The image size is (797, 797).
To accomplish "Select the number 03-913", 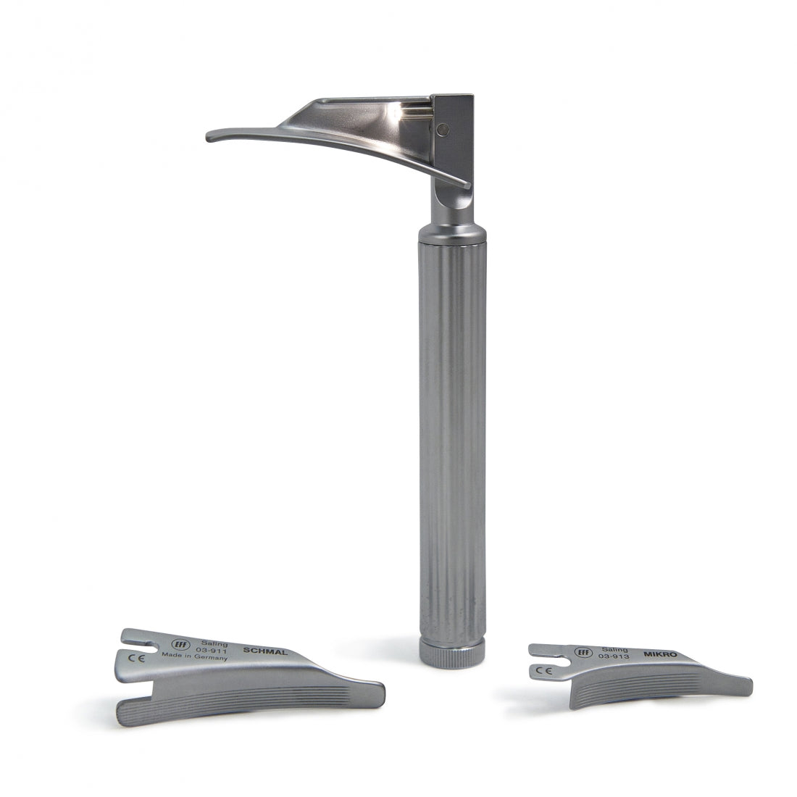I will (614, 656).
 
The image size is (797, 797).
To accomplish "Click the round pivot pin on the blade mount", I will (443, 130).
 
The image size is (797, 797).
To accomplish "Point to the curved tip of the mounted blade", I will (214, 136).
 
